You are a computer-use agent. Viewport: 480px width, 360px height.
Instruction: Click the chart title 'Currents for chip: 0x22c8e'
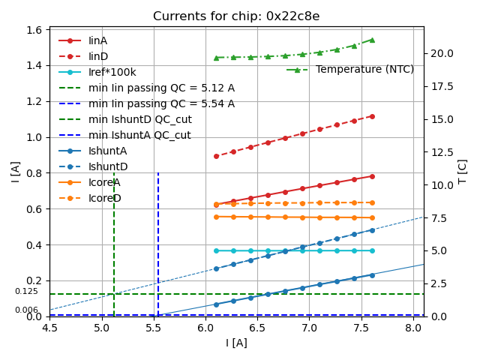[236, 16]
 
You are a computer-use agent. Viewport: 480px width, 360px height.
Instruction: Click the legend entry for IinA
[97, 40]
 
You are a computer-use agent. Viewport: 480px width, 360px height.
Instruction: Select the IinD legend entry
[97, 56]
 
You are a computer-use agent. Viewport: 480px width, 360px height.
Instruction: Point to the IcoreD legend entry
[104, 198]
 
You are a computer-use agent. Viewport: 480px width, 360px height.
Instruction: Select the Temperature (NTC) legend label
[364, 70]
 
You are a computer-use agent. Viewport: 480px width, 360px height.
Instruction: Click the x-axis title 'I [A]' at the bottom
[236, 343]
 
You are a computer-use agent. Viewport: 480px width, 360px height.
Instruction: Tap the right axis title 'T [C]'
[463, 171]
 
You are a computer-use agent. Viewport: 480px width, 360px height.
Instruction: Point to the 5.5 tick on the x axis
[154, 327]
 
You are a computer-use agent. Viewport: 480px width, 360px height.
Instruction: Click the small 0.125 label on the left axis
[26, 292]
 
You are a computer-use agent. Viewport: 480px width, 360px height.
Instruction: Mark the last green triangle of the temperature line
[372, 40]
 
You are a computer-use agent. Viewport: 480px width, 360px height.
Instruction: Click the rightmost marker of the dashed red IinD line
[372, 116]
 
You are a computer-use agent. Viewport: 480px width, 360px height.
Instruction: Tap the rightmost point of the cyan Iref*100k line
[372, 250]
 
